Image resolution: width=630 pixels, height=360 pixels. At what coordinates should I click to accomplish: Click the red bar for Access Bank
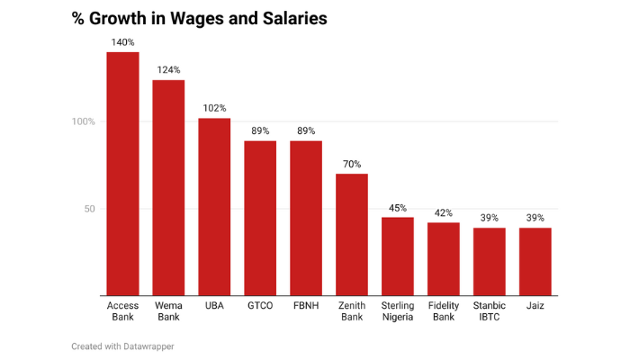pos(122,174)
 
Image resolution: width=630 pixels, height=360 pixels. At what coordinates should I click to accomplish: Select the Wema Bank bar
pos(168,187)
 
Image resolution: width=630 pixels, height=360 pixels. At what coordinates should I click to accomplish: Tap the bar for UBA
pos(214,207)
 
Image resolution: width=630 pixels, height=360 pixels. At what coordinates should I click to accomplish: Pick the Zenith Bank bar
pos(352,234)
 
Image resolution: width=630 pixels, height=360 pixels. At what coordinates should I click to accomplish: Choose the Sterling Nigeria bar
pos(398,256)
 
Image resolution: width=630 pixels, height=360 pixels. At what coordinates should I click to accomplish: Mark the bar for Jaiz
pos(535,261)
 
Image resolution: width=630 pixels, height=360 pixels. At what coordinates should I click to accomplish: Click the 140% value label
pos(122,42)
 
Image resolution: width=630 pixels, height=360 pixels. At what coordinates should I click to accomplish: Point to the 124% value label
pos(168,70)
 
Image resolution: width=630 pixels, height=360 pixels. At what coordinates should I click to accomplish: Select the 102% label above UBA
pos(214,108)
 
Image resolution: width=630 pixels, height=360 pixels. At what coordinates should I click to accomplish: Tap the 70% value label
pos(352,164)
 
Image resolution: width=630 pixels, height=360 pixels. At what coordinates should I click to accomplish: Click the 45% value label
pos(398,208)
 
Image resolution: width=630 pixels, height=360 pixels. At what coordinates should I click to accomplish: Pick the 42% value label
pos(444,212)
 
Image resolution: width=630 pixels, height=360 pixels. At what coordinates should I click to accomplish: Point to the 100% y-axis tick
pos(84,121)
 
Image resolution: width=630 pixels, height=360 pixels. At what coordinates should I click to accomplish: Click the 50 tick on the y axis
pos(89,209)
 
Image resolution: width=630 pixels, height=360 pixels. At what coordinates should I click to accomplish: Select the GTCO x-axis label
pos(260,306)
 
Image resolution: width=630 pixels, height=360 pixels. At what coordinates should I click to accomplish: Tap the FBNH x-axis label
pos(306,306)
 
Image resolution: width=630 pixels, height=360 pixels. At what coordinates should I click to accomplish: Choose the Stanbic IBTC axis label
pos(490,311)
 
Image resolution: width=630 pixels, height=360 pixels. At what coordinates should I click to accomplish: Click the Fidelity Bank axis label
pos(444,311)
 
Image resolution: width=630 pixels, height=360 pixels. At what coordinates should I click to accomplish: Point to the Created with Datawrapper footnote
pos(122,346)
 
